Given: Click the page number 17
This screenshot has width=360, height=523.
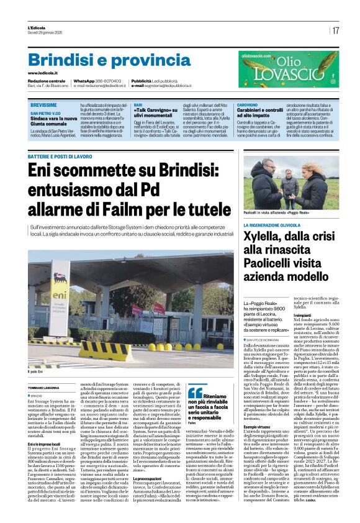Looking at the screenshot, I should [x=336, y=30].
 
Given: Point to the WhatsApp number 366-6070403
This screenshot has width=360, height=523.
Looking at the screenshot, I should [x=108, y=81].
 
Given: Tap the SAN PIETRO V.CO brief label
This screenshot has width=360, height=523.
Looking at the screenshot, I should [x=45, y=114].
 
